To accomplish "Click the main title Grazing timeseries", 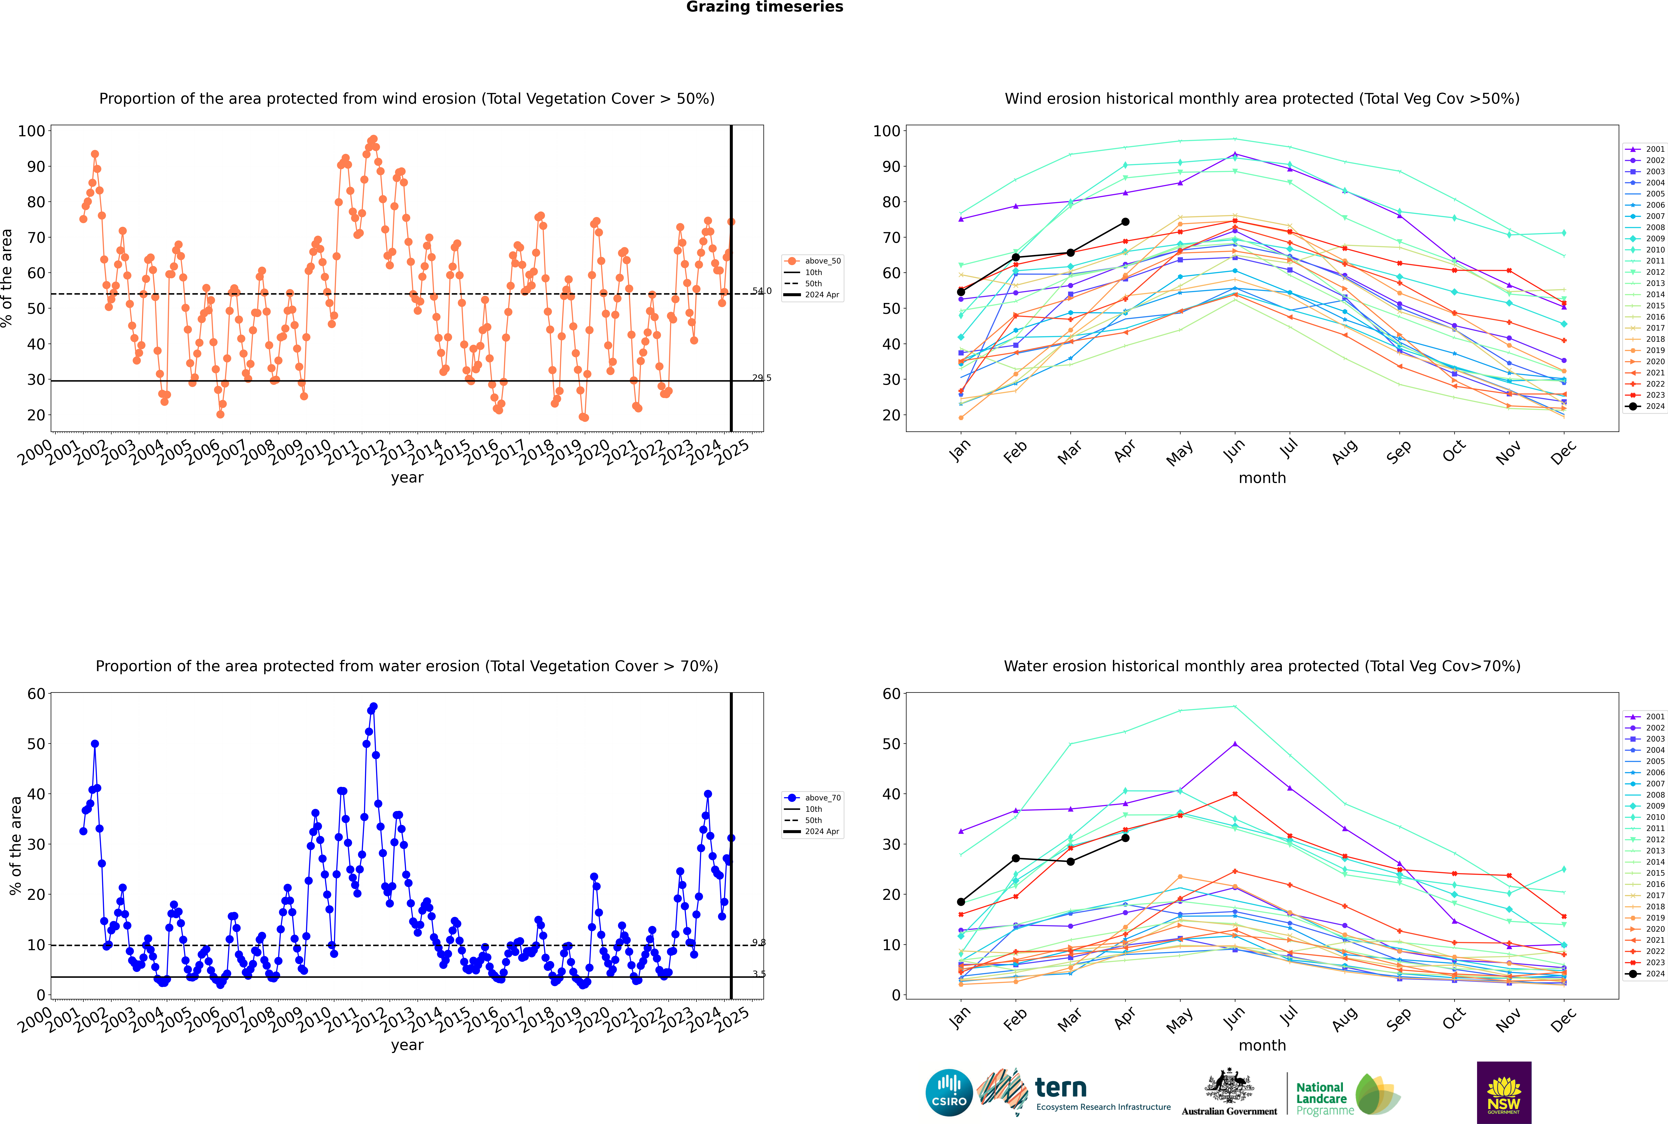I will [765, 7].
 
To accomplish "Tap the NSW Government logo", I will [1504, 1093].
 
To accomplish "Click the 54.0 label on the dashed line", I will [762, 291].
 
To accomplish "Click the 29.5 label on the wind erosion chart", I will [762, 378].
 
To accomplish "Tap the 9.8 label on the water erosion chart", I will [759, 943].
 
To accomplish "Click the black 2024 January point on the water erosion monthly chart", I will [961, 902].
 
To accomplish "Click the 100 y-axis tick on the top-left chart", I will [31, 131].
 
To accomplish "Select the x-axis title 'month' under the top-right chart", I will [1262, 478].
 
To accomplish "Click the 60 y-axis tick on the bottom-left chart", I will [36, 694].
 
